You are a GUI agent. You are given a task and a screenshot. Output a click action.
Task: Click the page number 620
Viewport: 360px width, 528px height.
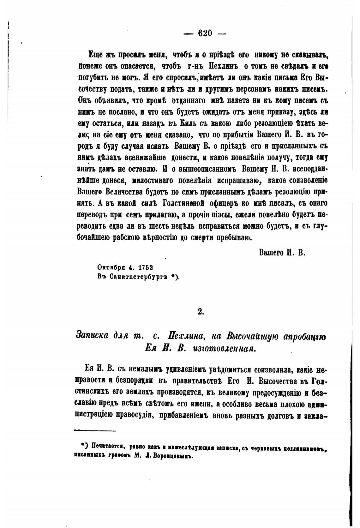[205, 33]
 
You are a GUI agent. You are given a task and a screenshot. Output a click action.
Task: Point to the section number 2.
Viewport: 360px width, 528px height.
[201, 311]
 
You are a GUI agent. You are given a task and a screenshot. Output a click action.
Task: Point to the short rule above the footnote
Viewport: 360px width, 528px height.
[95, 430]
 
